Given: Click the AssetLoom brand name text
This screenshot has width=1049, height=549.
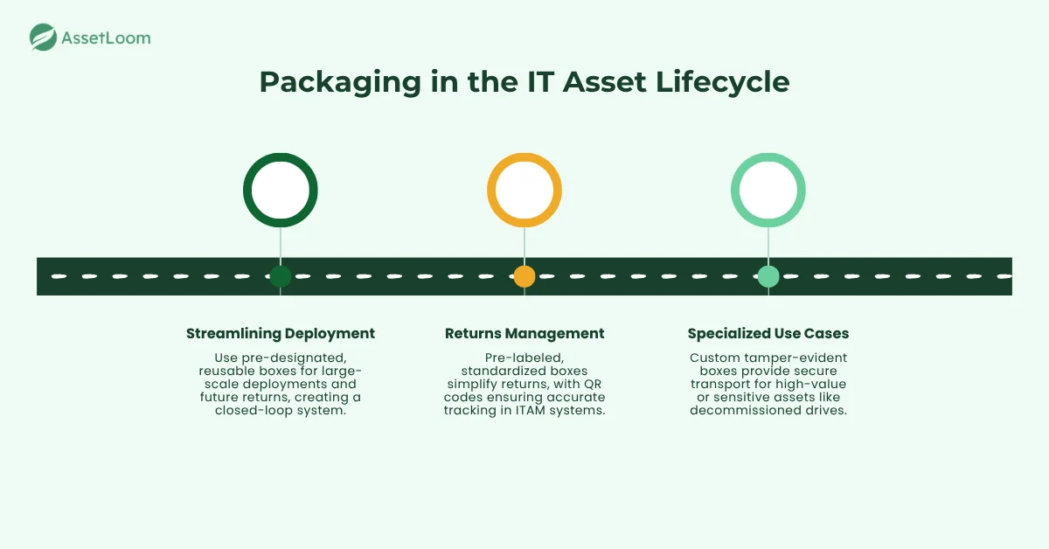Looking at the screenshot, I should [x=106, y=38].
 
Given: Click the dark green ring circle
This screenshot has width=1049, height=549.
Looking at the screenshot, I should [x=280, y=190].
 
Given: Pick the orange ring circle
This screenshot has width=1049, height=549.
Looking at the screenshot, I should [x=524, y=190].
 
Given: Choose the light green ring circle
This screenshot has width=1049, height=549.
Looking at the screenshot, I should [x=768, y=190].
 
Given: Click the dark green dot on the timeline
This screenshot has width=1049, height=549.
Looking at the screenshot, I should [x=280, y=277].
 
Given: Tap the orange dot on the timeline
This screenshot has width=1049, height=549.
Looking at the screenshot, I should [x=524, y=277].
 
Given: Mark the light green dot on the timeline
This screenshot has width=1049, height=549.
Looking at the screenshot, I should [x=768, y=277].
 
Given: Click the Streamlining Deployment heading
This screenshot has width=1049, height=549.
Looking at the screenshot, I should [x=280, y=333].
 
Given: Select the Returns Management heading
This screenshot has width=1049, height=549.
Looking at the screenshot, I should [x=524, y=333].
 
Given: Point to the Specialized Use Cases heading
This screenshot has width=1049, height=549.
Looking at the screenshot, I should [x=768, y=333].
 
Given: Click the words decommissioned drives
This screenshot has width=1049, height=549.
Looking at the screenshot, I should [x=768, y=411].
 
